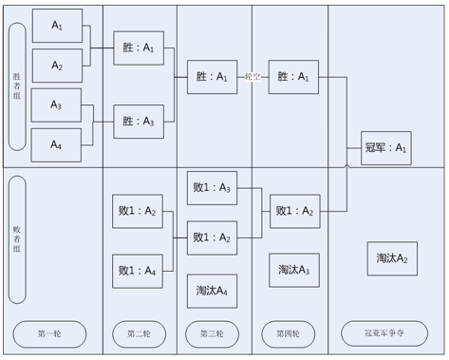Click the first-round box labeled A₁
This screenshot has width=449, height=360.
click(x=57, y=26)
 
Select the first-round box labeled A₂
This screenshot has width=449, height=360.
click(x=57, y=66)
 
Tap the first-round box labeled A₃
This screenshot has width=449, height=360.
click(x=56, y=105)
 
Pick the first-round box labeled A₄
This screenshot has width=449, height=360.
click(x=56, y=145)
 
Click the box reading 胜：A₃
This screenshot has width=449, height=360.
click(x=139, y=122)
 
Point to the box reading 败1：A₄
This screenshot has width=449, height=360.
click(x=138, y=271)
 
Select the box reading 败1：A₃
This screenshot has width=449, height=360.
click(x=212, y=188)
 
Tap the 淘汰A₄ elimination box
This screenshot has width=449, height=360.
click(x=212, y=291)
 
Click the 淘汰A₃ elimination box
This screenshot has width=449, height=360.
click(x=294, y=270)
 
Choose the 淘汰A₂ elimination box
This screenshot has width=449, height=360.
click(x=392, y=258)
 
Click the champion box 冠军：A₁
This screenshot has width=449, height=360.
click(x=386, y=148)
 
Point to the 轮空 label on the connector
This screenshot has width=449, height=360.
click(x=253, y=77)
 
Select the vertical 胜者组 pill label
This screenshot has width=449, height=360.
click(x=17, y=86)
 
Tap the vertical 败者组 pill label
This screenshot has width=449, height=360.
click(x=17, y=239)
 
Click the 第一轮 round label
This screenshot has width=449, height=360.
click(x=49, y=334)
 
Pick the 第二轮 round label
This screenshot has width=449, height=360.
click(x=140, y=334)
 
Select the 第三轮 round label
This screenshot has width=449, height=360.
click(x=212, y=334)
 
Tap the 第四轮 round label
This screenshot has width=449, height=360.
click(x=289, y=334)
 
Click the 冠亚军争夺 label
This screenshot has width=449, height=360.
click(x=384, y=333)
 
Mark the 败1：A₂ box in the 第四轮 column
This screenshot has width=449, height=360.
click(x=295, y=211)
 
